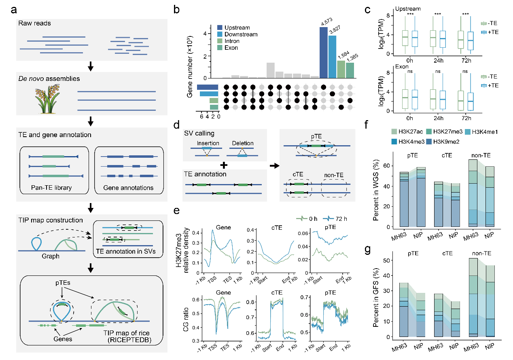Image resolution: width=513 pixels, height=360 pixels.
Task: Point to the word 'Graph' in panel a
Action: click(51, 256)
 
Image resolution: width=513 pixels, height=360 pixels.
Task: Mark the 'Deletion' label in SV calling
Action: click(243, 143)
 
